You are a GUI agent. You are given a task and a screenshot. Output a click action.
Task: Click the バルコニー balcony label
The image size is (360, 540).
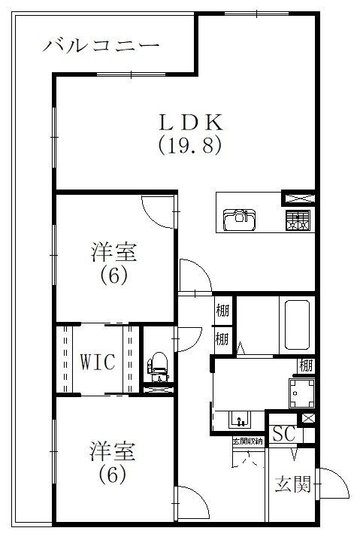(x=101, y=46)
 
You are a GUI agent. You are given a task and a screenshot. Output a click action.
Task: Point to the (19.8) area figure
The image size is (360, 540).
(x=189, y=144)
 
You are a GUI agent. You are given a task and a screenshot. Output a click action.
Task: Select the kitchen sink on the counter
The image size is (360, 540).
(x=240, y=219)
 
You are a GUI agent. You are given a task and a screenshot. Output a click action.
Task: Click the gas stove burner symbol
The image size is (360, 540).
(x=297, y=220)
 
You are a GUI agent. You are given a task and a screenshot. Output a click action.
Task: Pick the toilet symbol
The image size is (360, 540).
(x=157, y=364)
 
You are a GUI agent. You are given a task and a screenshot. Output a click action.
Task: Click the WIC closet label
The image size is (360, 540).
(x=98, y=362)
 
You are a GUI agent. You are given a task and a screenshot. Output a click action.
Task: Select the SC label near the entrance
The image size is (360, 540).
(x=283, y=433)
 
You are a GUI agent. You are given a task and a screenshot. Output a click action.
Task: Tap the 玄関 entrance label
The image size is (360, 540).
(x=292, y=484)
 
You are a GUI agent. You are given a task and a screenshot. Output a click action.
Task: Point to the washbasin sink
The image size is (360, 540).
(x=240, y=419)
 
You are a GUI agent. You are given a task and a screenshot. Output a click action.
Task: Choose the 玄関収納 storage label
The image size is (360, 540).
(x=247, y=441)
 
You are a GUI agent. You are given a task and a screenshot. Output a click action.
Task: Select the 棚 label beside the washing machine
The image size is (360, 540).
(x=305, y=366)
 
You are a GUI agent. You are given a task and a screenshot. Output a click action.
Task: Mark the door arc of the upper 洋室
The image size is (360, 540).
(x=159, y=211)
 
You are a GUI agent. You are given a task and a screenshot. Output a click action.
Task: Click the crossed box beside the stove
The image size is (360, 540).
(x=298, y=199)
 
